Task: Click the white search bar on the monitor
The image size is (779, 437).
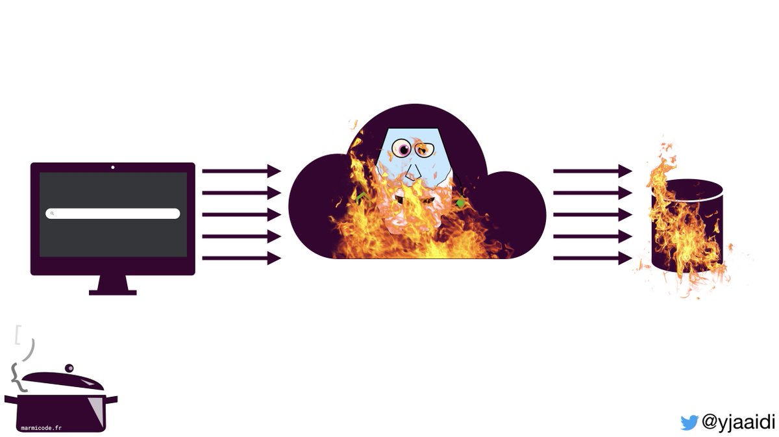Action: [x=113, y=214]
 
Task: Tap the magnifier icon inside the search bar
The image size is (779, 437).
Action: [x=52, y=214]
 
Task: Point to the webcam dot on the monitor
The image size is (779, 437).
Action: [x=113, y=168]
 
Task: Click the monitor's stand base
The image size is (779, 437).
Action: [x=113, y=292]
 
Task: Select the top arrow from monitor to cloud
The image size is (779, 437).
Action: [x=241, y=171]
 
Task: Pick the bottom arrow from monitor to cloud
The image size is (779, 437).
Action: [x=241, y=258]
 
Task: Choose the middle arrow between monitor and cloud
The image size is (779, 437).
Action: [x=241, y=214]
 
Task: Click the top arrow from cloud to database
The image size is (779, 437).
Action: [x=592, y=171]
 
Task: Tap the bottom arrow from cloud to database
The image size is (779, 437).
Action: [x=592, y=258]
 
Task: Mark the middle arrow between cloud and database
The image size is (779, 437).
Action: [x=592, y=214]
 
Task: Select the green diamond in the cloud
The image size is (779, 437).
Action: [x=460, y=203]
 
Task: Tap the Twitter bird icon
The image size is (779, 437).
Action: [x=689, y=422]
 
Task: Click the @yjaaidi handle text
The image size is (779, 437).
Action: [x=738, y=422]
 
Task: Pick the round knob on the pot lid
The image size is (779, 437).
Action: [x=69, y=369]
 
